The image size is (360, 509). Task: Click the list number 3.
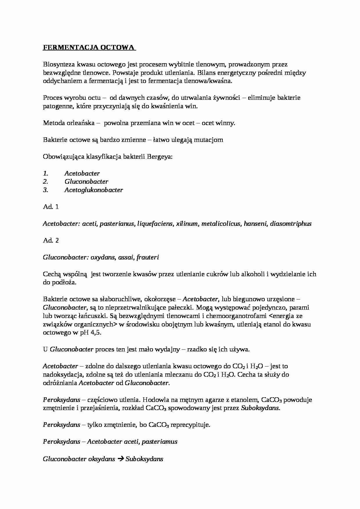pos(45,190)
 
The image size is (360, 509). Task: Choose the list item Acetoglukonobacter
pos(94,190)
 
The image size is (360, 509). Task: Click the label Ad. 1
pos(51,207)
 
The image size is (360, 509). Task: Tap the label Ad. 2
pos(51,241)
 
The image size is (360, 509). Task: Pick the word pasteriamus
pos(160,442)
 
